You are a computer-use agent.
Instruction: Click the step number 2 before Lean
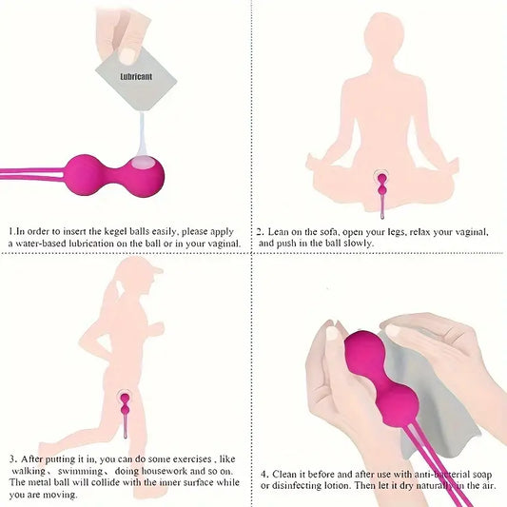(260, 232)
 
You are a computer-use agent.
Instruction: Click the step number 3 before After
(12, 458)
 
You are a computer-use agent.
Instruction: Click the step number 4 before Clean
(263, 474)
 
